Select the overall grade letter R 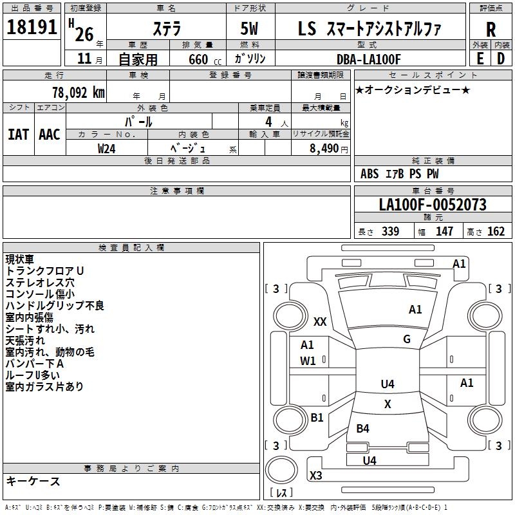coord(491,30)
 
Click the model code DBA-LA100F coord(368,59)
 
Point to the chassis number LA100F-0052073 coord(432,205)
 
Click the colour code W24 coord(107,148)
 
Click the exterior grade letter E coord(480,59)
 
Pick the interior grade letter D coord(501,59)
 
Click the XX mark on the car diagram coord(320,321)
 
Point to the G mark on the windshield coord(407,339)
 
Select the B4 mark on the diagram coord(362,428)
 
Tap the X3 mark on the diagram coord(316,476)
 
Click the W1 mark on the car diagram coord(308,361)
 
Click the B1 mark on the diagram coord(317,418)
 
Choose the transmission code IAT coord(18,135)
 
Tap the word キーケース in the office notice coord(33,481)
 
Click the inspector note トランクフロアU coord(44,271)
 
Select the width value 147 coord(444,232)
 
